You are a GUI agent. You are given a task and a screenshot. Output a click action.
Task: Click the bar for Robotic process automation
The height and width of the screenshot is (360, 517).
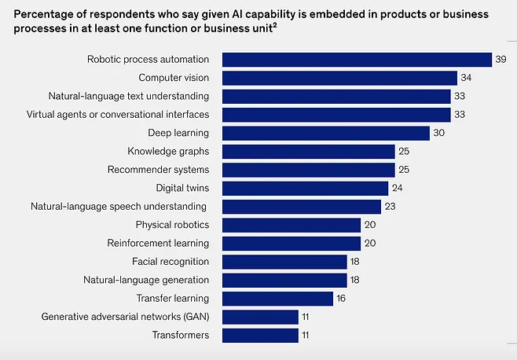(x=357, y=60)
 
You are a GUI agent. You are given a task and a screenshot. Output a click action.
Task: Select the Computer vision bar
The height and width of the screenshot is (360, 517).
(x=339, y=78)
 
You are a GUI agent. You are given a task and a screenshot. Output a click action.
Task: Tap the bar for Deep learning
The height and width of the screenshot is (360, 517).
(x=326, y=133)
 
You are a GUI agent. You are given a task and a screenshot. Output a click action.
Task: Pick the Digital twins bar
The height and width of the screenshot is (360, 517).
(x=305, y=188)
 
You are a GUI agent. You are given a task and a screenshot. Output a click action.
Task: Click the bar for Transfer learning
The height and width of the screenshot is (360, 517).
(x=277, y=299)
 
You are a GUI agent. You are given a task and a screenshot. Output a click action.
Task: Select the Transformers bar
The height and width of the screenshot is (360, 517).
(x=260, y=336)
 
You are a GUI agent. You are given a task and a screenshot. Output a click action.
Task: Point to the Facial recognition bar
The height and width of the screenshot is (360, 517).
(x=284, y=262)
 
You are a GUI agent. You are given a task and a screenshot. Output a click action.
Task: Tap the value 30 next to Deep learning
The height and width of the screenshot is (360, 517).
(x=439, y=133)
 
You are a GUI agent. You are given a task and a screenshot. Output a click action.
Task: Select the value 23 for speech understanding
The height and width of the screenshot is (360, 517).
(x=390, y=207)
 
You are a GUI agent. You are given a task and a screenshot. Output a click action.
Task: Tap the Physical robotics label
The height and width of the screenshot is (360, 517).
(x=172, y=225)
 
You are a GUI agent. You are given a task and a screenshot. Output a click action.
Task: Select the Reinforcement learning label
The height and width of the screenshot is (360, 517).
(x=158, y=243)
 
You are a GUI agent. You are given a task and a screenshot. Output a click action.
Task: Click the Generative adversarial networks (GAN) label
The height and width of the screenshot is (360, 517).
(x=125, y=317)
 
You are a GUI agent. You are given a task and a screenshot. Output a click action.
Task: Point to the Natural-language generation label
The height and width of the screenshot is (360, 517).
(x=146, y=280)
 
